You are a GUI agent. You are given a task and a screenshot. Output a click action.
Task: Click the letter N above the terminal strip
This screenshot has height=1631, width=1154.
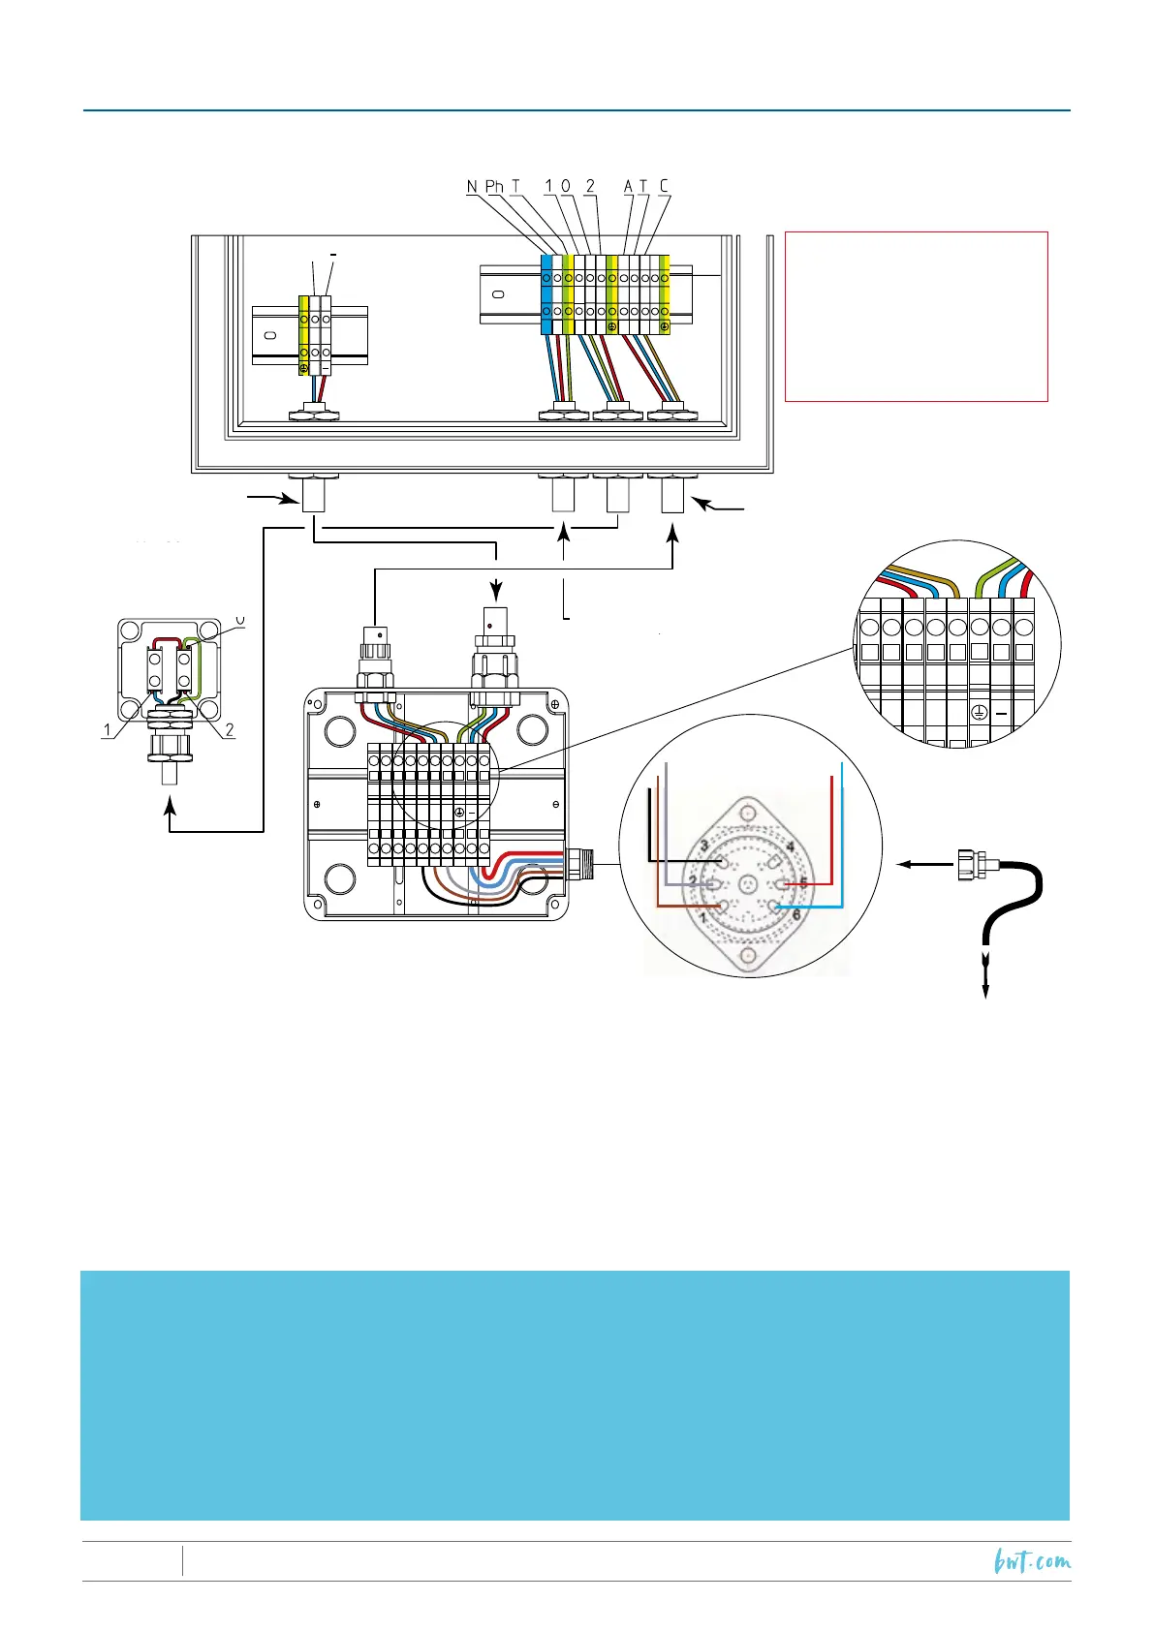pos(472,186)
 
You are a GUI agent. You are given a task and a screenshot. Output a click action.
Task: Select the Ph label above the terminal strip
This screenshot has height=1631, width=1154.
pos(494,186)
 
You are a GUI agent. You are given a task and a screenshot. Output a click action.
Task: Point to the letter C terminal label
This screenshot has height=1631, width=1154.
pos(664,186)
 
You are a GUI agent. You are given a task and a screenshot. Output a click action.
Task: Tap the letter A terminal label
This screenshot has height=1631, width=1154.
pos(628,186)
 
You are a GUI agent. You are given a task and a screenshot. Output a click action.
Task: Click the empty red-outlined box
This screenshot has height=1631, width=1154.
pos(916,316)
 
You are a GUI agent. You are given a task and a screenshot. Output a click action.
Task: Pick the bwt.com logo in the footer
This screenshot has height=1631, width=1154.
pos(1033,1561)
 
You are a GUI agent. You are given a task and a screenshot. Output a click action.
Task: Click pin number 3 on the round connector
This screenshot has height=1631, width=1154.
pos(705,846)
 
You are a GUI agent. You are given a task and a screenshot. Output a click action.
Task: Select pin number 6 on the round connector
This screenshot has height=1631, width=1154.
pos(796,914)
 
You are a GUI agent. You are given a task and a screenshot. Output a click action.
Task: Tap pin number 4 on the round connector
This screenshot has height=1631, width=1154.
pos(791,847)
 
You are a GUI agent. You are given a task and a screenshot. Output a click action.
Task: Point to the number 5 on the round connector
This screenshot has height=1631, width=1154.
pos(803,883)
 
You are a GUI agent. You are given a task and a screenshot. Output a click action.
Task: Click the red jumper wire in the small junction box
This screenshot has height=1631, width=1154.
pos(166,640)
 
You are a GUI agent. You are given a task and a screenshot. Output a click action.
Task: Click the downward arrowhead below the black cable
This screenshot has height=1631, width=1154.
pos(986,990)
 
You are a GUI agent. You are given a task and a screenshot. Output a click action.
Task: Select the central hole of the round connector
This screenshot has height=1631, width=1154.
pos(747,883)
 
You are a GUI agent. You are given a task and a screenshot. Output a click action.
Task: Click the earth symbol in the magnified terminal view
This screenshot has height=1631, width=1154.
pos(980,714)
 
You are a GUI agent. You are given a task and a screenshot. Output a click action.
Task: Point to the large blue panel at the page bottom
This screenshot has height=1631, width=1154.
pos(575,1395)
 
